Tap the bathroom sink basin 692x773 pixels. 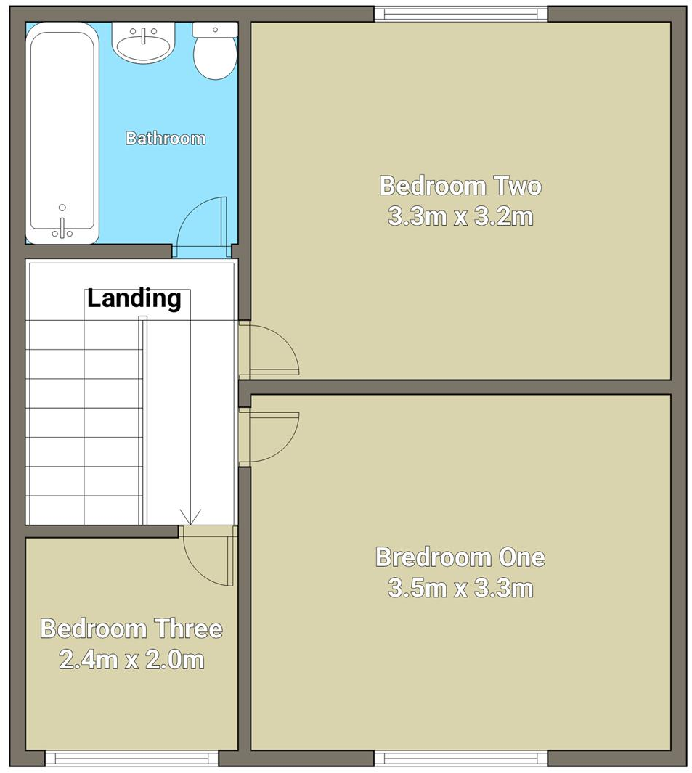[144, 44]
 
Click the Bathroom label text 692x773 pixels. [166, 138]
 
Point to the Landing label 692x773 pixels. [134, 298]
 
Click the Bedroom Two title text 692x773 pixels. [460, 186]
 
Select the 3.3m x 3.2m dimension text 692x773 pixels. [460, 216]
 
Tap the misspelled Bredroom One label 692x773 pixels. [460, 557]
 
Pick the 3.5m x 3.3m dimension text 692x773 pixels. [460, 588]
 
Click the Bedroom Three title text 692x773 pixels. [131, 629]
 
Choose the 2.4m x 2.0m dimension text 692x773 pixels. [131, 660]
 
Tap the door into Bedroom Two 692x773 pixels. [269, 351]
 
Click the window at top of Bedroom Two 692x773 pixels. [460, 14]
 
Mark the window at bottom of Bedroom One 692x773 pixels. [460, 758]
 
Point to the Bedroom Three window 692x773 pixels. [131, 758]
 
